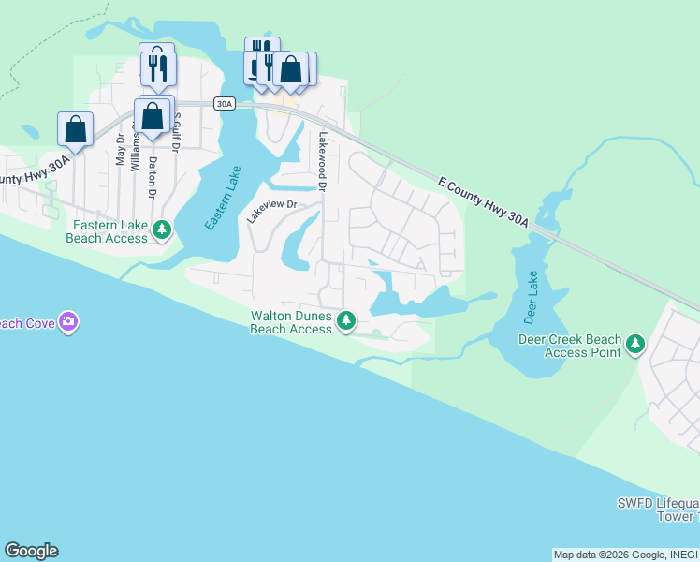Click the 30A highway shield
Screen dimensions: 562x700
224,104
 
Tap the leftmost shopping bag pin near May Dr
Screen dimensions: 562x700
75,128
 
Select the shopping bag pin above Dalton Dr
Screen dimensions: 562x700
152,117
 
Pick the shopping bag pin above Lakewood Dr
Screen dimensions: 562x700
291,69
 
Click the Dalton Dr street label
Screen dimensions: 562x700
153,170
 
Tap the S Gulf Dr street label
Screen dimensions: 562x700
176,129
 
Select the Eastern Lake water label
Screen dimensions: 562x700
223,199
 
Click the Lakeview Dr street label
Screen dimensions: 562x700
271,209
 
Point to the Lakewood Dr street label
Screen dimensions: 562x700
322,161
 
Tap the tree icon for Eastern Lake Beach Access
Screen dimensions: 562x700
162,229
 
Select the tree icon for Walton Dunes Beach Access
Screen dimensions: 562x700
346,320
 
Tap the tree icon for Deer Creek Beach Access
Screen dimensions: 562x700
635,344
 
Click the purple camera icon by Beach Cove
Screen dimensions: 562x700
67,322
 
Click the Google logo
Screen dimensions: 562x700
31,551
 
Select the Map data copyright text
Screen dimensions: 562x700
624,555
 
